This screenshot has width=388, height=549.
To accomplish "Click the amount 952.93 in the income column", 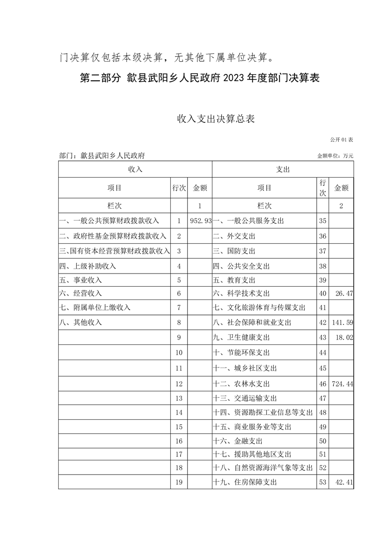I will [x=201, y=221].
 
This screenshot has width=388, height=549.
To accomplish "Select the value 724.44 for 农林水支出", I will [x=342, y=384].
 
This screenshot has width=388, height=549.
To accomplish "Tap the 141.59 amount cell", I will [x=342, y=322].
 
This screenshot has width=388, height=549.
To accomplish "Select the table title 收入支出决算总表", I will [x=215, y=119].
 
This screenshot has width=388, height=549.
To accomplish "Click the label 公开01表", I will [x=341, y=140].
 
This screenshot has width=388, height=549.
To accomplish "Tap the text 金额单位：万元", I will [x=335, y=156].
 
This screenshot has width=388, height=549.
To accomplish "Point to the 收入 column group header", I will [x=135, y=169].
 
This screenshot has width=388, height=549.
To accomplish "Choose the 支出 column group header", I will [x=283, y=169].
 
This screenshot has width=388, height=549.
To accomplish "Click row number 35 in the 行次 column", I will [x=322, y=221].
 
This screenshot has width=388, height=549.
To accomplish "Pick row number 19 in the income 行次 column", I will [x=179, y=482].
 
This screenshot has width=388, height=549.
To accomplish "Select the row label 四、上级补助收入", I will [x=87, y=267].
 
